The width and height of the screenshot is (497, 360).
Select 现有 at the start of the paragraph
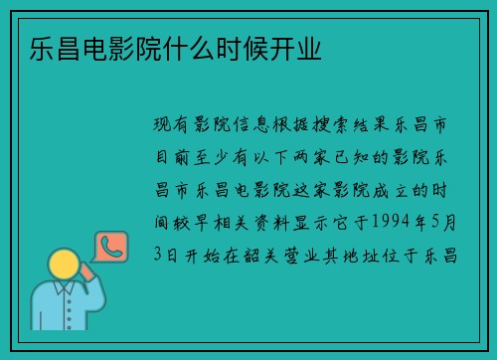tap(165, 125)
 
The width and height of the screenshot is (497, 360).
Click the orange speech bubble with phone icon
tap(109, 246)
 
